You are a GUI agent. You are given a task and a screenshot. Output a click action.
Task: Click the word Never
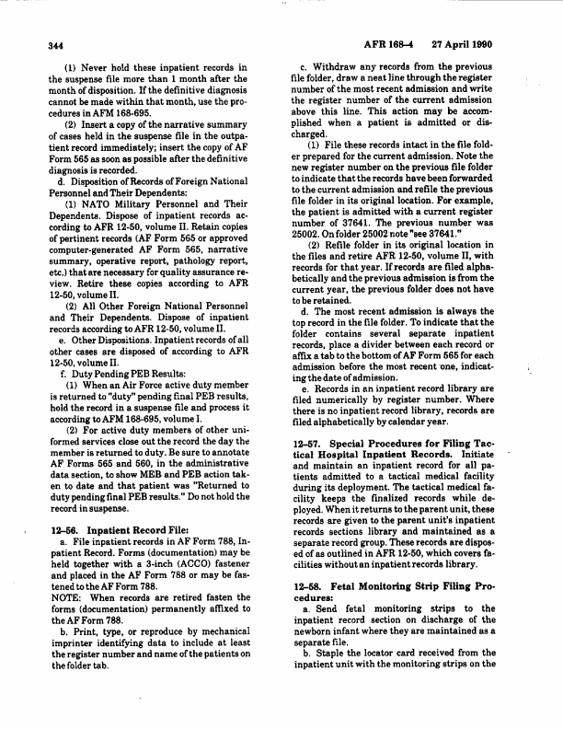[x=100, y=67]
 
